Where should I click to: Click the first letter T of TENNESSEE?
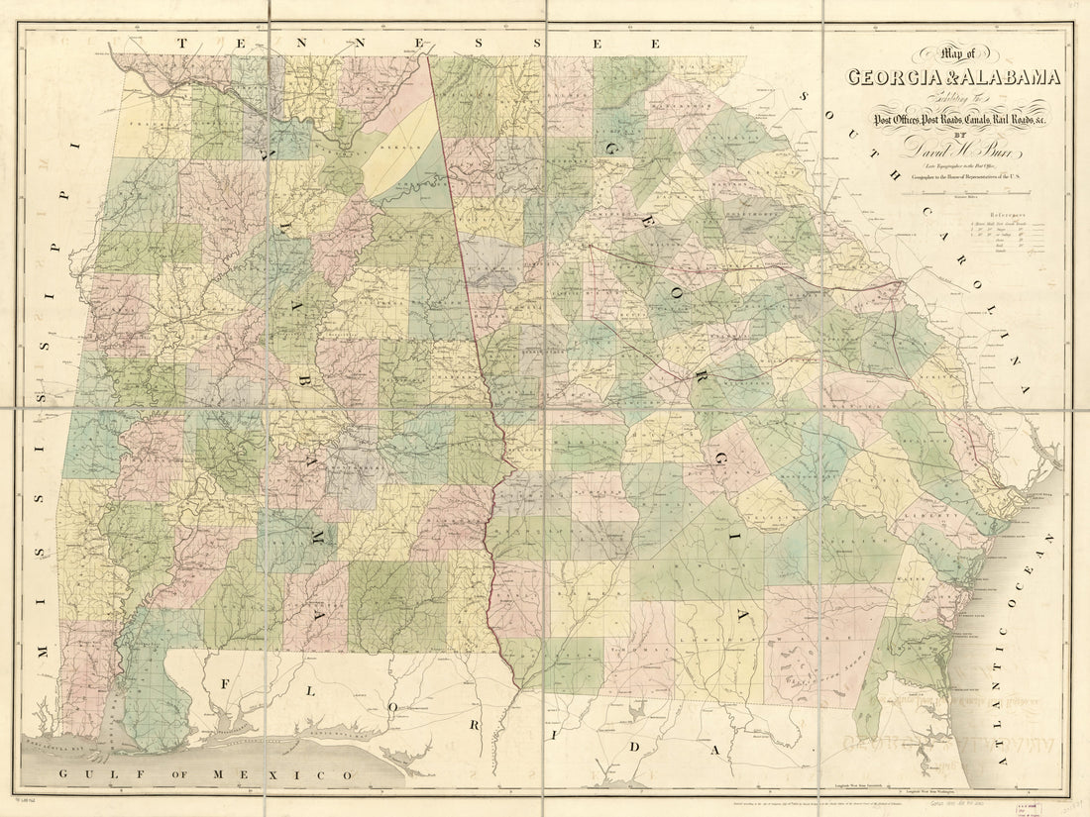click(x=183, y=43)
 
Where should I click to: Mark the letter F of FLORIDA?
click(x=225, y=684)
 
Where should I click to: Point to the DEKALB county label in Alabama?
click(x=401, y=146)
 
